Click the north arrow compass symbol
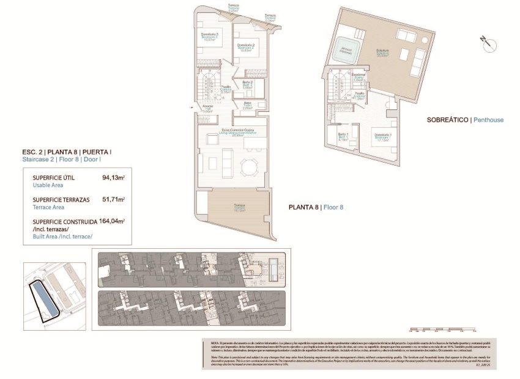click(x=486, y=41)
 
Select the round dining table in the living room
click(x=249, y=166)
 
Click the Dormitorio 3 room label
click(x=210, y=35)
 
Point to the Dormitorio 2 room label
click(x=245, y=46)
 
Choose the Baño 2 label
click(x=247, y=83)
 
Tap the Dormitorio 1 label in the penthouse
click(x=383, y=136)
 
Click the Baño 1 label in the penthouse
click(x=344, y=136)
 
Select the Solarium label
click(x=382, y=51)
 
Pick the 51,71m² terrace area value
click(x=113, y=199)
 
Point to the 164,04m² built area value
click(x=112, y=221)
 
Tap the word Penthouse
click(x=489, y=120)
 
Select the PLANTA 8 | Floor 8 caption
click(x=316, y=207)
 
